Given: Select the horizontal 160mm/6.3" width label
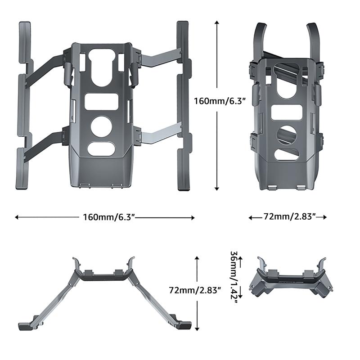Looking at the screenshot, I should (x=108, y=217).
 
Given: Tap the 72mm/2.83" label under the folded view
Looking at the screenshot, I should (x=288, y=217).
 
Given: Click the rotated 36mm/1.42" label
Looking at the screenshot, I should (x=234, y=277).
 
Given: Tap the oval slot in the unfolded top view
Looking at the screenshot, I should (x=101, y=148).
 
